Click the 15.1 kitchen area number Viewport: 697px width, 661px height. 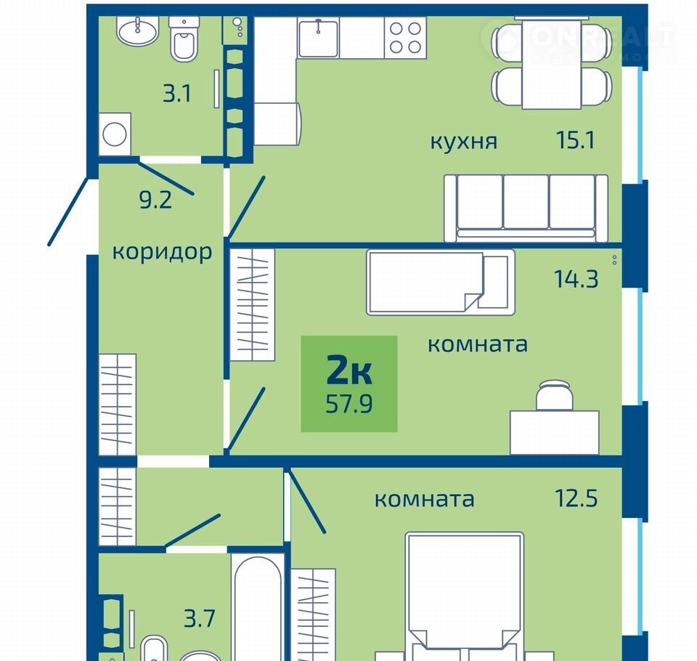(x=575, y=140)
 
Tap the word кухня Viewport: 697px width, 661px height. (x=464, y=142)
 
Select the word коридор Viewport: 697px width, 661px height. (x=162, y=252)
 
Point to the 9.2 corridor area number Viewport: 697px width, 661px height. (x=155, y=200)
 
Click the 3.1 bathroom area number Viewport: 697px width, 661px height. (x=177, y=94)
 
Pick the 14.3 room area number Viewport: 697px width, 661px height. (x=576, y=279)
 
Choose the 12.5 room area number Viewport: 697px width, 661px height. (x=576, y=498)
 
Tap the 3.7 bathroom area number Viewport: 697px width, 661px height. (x=200, y=618)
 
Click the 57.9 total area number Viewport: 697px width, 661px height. (x=349, y=405)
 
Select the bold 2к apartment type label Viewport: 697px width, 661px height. (x=349, y=370)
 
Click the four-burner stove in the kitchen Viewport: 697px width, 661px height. (x=405, y=38)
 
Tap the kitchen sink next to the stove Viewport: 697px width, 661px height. (x=318, y=38)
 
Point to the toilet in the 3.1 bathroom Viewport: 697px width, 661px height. (x=184, y=39)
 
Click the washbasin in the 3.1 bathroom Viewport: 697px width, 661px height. (x=137, y=31)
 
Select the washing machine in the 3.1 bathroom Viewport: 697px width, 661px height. (x=115, y=134)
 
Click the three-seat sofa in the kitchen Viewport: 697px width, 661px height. (x=526, y=208)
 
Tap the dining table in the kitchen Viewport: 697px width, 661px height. (x=552, y=63)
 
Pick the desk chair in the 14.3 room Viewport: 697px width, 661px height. (x=554, y=395)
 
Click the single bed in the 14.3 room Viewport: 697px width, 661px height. (x=441, y=283)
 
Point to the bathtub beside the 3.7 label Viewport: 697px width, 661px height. (x=258, y=608)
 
